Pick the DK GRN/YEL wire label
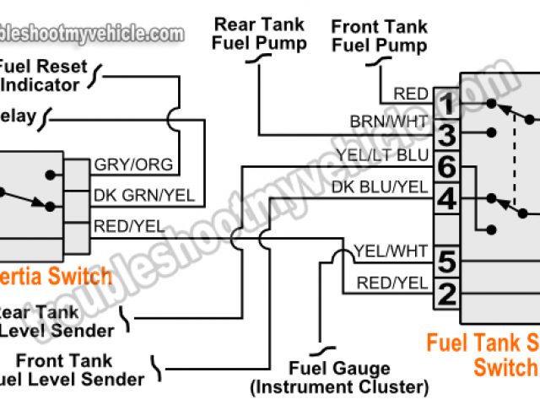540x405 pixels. (144, 195)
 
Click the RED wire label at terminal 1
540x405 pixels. (412, 93)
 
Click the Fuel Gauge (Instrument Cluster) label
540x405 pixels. (339, 378)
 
